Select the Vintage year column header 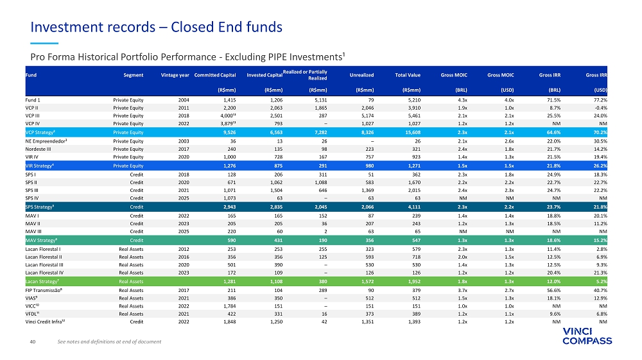click(x=175, y=76)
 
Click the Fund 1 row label click(x=33, y=100)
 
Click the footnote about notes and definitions click(x=109, y=341)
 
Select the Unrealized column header click(x=361, y=76)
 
